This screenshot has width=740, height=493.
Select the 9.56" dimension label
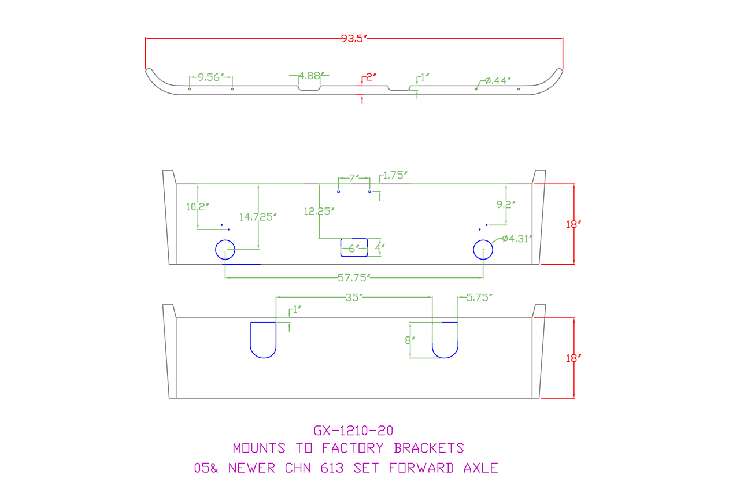210,77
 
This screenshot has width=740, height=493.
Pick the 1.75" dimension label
396,175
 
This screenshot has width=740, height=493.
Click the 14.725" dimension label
258,217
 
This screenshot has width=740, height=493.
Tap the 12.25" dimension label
319,212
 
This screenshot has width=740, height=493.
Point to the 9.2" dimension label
506,204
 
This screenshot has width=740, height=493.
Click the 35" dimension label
353,298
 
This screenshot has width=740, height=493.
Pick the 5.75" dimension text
479,298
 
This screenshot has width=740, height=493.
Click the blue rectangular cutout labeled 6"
354,247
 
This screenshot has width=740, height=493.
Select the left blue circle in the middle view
225,250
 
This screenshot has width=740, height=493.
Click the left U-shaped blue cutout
263,340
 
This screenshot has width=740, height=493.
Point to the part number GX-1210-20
353,431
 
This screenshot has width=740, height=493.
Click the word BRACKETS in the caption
429,448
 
